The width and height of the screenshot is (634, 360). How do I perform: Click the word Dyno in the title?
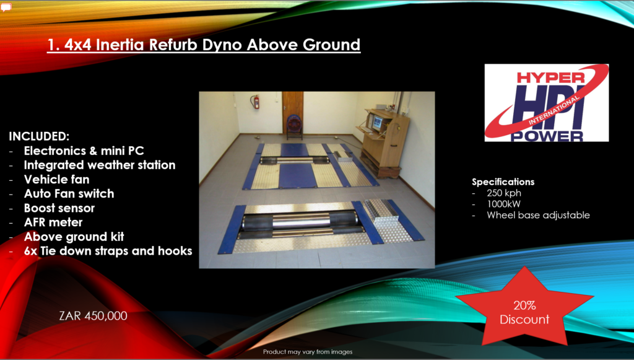[x=222, y=45]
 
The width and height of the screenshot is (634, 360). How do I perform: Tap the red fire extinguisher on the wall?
[x=256, y=102]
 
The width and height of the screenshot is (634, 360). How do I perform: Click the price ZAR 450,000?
[x=93, y=316]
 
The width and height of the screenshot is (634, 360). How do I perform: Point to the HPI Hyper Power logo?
[x=547, y=103]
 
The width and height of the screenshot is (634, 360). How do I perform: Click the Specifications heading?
[x=503, y=182]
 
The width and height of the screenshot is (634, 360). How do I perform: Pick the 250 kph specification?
[x=504, y=193]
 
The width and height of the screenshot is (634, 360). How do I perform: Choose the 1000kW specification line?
[x=503, y=204]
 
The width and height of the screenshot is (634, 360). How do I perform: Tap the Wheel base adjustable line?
[x=538, y=215]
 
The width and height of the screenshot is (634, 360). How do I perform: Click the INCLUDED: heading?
[x=39, y=136]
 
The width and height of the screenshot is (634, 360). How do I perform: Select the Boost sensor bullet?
[x=59, y=208]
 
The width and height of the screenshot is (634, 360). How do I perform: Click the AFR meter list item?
[x=53, y=222]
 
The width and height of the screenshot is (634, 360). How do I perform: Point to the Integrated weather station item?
[x=100, y=165]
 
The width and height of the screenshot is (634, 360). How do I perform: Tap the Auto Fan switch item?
[x=69, y=194]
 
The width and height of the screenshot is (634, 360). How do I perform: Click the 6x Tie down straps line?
[x=108, y=251]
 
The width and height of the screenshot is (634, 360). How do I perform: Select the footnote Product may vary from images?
[x=308, y=352]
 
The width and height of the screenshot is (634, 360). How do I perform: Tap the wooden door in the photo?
[x=293, y=112]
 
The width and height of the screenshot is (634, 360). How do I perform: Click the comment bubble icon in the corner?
[x=6, y=7]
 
